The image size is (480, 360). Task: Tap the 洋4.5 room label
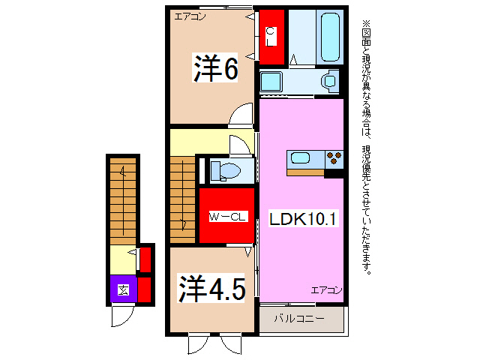pos(211,288)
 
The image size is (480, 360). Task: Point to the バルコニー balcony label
pos(298,319)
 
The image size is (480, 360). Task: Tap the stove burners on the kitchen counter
pos(334,158)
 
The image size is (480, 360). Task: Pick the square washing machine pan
pos(270,79)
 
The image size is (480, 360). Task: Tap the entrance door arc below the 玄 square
pos(121,316)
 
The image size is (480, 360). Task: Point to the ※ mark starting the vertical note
pos(366,23)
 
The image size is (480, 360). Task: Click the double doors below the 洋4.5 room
pos(211,344)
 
